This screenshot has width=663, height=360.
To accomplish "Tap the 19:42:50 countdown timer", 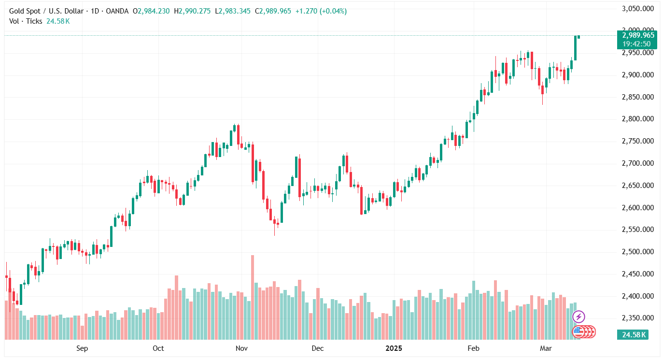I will click(x=636, y=44).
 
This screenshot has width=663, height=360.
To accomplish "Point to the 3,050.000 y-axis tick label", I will click(x=638, y=9).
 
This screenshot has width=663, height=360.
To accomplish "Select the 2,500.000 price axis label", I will click(x=638, y=252).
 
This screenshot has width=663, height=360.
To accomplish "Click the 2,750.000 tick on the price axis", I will click(x=638, y=141).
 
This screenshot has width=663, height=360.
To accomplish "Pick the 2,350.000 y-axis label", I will click(x=638, y=318).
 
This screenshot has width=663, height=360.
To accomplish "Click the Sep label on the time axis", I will click(x=82, y=348).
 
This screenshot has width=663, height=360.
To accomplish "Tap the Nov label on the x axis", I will click(x=242, y=348).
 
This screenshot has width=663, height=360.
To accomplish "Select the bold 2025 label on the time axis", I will click(x=395, y=348).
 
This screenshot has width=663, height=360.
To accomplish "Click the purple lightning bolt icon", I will click(x=578, y=317).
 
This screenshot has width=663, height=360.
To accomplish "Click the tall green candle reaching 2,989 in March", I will click(x=575, y=48).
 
